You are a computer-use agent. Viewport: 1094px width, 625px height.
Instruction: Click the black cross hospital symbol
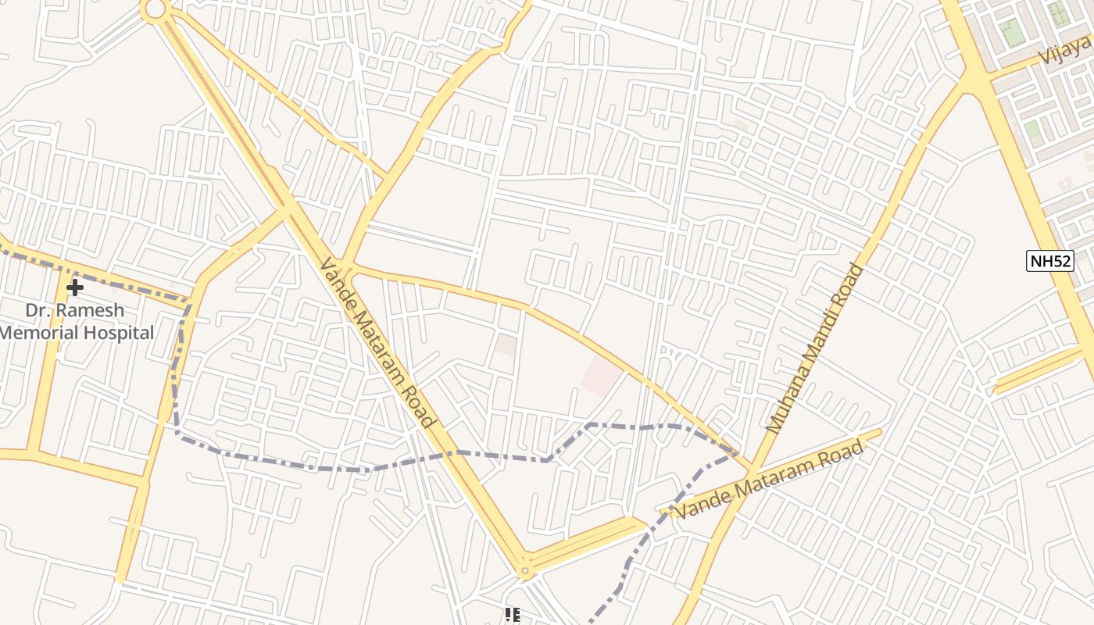(74, 288)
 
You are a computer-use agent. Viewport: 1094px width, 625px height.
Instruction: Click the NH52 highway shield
(1050, 261)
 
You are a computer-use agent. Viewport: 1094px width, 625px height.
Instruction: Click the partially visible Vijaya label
(1066, 50)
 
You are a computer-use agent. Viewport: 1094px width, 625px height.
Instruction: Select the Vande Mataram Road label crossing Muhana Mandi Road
(770, 479)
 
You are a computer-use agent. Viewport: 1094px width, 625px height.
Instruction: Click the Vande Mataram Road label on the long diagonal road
(376, 344)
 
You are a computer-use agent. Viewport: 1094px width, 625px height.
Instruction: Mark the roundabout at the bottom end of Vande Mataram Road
(525, 571)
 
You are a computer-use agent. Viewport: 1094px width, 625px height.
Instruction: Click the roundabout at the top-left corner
(155, 9)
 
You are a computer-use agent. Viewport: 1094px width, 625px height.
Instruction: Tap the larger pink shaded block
(600, 376)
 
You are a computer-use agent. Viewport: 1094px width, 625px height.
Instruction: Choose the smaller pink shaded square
(506, 345)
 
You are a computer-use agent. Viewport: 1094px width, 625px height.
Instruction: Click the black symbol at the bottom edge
(512, 616)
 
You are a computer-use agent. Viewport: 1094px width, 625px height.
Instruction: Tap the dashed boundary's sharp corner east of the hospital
(190, 301)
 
